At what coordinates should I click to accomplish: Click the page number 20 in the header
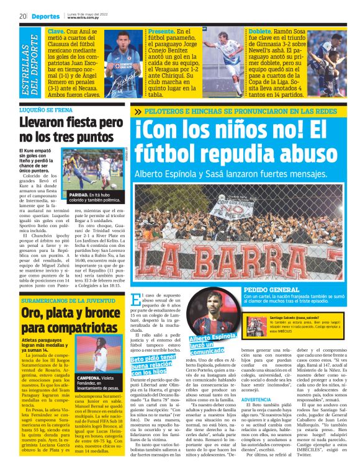click(x=22, y=15)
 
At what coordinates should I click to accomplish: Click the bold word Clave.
click(x=56, y=31)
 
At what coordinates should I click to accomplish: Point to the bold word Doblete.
click(x=259, y=31)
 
